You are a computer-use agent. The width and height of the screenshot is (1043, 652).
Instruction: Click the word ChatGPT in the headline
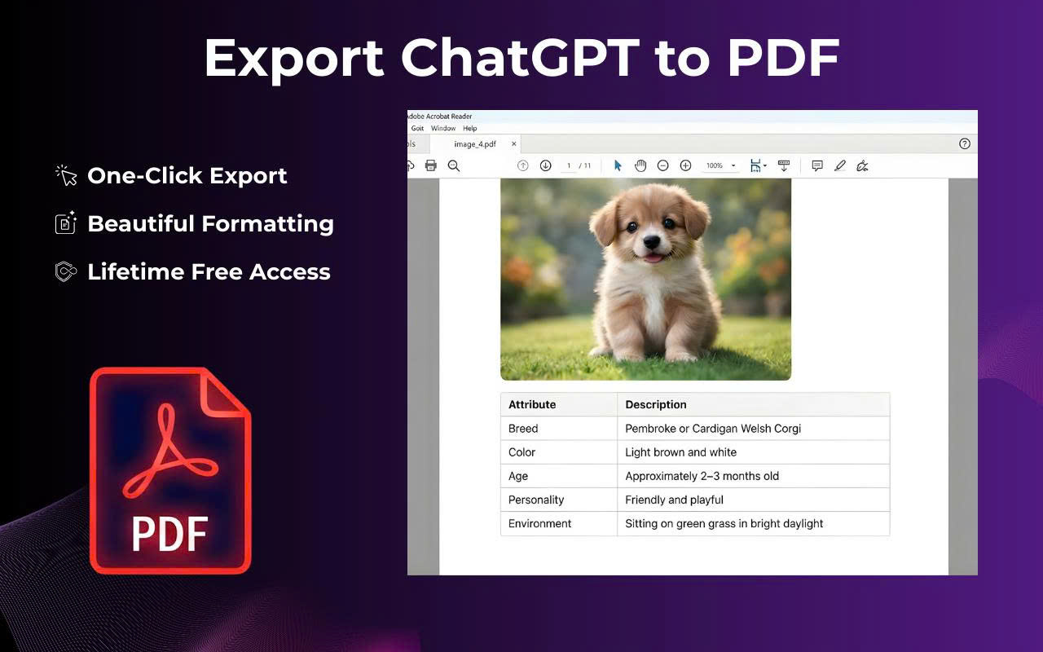point(520,57)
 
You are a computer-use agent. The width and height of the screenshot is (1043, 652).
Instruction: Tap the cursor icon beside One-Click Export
point(66,175)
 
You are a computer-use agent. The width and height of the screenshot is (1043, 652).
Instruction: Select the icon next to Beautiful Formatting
point(66,223)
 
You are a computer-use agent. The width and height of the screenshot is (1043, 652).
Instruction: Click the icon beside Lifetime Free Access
point(66,271)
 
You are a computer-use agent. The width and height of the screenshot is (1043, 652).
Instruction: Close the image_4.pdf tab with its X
point(513,144)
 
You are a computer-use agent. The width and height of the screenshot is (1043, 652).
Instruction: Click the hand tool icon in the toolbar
point(640,165)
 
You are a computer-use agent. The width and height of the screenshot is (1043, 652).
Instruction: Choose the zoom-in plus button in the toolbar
point(685,165)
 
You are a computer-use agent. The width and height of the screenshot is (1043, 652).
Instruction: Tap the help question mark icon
point(965,144)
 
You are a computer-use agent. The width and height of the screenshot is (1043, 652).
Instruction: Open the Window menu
point(443,129)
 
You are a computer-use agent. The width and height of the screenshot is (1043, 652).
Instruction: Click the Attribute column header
point(532,404)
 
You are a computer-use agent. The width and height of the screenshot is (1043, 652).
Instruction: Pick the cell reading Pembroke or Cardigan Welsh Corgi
point(712,428)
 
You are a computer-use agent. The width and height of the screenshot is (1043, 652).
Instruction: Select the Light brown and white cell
point(680,452)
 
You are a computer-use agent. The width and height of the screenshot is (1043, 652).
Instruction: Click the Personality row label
point(536,500)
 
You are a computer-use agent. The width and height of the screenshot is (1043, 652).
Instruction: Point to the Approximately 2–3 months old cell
point(702,476)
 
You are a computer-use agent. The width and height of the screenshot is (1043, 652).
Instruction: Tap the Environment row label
point(540,523)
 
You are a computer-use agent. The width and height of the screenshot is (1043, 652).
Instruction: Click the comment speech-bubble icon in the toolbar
point(817,165)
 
